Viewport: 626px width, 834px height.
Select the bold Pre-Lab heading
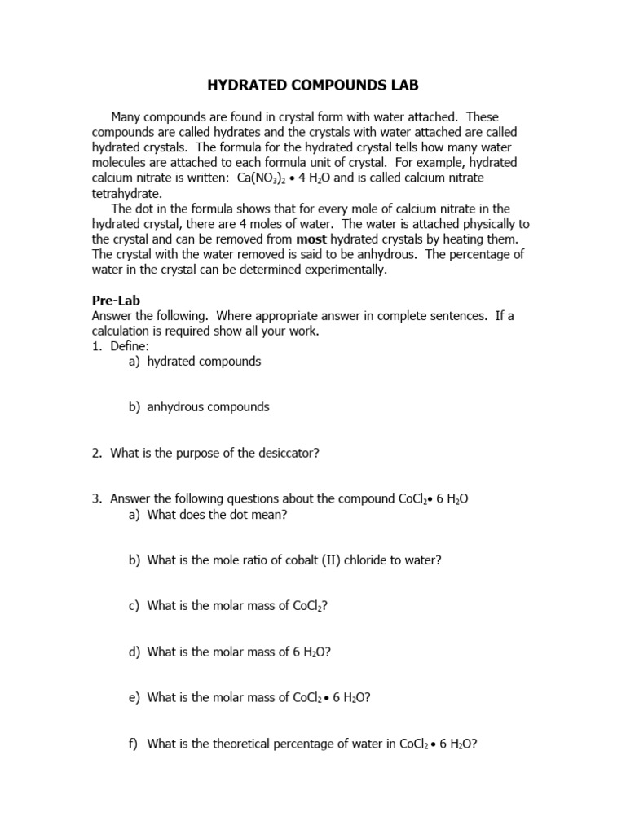tap(116, 301)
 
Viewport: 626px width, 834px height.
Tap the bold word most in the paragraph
tap(311, 239)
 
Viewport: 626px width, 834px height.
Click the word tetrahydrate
tap(126, 193)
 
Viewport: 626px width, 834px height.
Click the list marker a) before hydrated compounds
tap(134, 362)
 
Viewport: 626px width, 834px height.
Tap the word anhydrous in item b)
tap(178, 406)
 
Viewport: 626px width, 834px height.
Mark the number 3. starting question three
tap(97, 499)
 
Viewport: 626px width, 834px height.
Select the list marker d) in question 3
tap(134, 652)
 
